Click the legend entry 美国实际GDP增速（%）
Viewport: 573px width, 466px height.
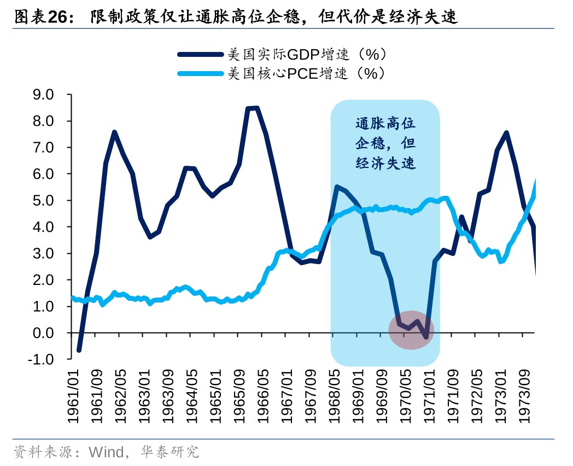pyautogui.click(x=307, y=54)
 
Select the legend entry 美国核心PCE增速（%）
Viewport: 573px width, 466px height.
pyautogui.click(x=307, y=73)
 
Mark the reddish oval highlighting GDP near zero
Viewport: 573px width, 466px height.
pyautogui.click(x=411, y=331)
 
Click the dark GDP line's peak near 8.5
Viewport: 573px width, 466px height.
pyautogui.click(x=253, y=108)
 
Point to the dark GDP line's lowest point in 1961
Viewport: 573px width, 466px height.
pyautogui.click(x=79, y=350)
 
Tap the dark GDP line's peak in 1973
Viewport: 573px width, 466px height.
pyautogui.click(x=506, y=132)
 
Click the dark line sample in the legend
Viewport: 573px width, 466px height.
pyautogui.click(x=201, y=54)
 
